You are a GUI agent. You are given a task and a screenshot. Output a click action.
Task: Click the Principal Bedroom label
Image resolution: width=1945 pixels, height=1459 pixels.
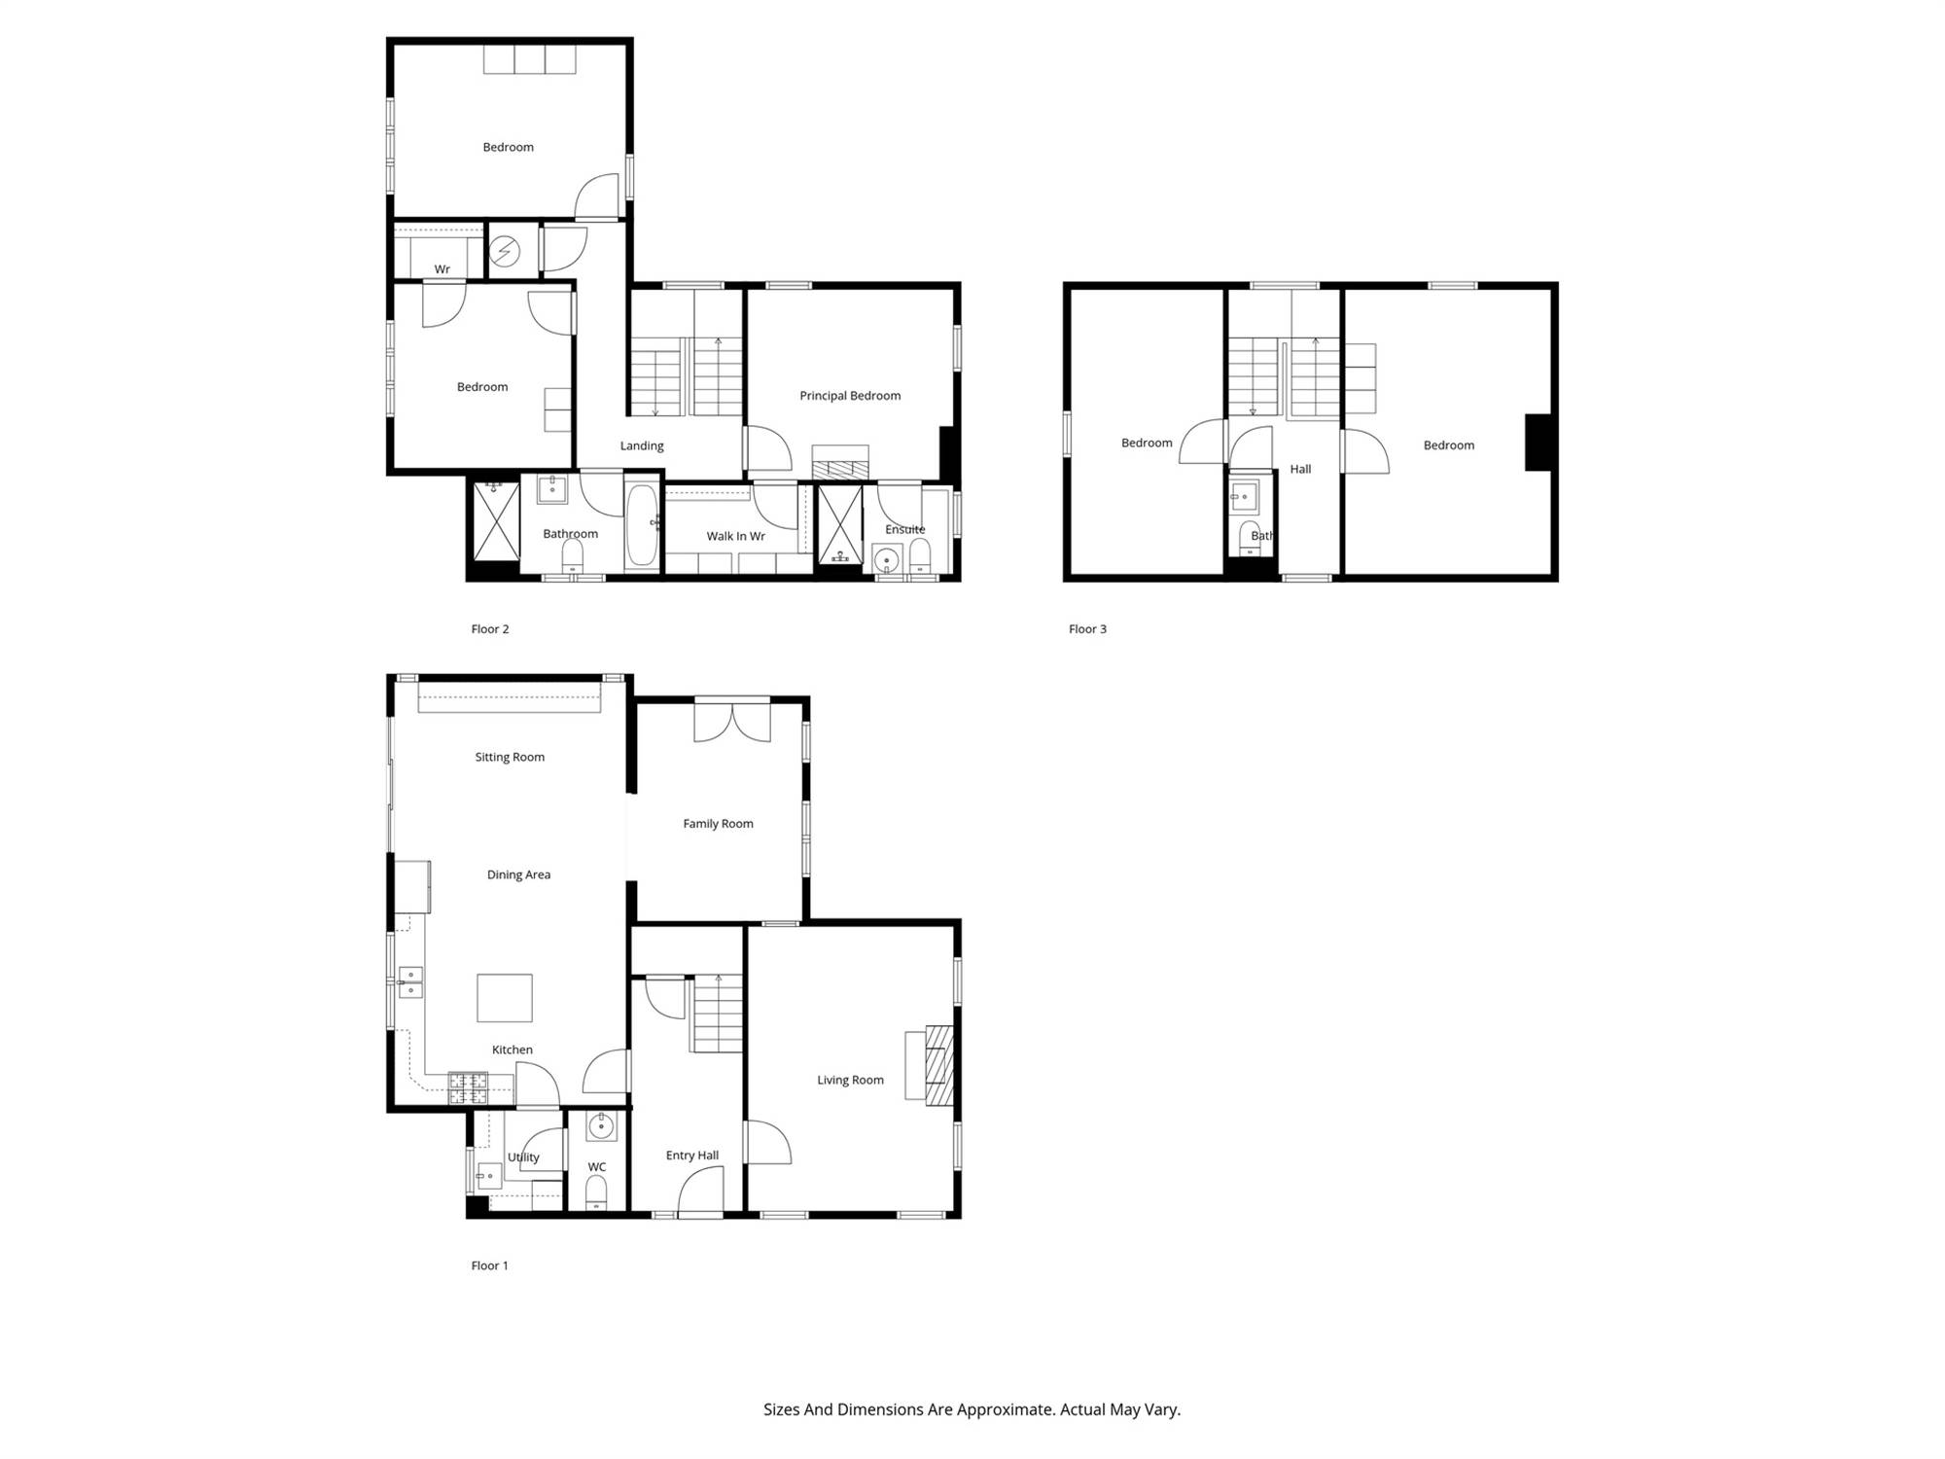pos(850,396)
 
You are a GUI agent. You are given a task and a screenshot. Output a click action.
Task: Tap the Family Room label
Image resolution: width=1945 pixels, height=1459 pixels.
pos(718,824)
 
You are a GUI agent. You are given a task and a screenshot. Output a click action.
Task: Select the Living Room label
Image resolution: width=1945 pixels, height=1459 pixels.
pos(850,1080)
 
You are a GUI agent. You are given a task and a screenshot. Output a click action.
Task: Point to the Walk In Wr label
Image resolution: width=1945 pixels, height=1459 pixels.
pos(735,536)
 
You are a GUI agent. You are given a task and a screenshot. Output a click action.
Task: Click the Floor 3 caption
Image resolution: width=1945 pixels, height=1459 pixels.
pos(1087,629)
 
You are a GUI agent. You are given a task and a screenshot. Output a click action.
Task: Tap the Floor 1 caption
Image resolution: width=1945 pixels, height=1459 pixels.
pos(489,1265)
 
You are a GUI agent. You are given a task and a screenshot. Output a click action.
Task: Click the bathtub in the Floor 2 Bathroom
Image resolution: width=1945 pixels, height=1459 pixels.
pos(642,525)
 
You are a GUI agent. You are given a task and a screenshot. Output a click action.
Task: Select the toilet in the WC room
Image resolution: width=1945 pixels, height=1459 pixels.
pos(596,1192)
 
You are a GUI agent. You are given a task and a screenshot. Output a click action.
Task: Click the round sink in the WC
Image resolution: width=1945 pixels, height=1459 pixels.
pos(601,1127)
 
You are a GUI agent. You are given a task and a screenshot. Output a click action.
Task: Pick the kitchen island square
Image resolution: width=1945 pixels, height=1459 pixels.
pos(504,998)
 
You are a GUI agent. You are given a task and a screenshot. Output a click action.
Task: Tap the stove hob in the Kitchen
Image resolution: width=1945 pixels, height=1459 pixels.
pos(468,1088)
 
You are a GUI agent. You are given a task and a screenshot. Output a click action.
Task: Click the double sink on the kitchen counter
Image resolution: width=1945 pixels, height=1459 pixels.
pos(410,982)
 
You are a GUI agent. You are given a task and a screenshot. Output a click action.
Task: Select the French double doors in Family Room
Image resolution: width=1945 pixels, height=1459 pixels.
pos(732,721)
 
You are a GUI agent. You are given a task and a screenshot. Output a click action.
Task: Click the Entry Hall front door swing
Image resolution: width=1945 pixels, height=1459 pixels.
pos(700,1192)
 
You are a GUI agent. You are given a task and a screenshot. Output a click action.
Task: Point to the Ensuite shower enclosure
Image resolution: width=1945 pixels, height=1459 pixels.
pos(840,525)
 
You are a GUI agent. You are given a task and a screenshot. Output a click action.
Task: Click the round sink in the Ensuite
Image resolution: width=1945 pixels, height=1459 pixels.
pos(887,560)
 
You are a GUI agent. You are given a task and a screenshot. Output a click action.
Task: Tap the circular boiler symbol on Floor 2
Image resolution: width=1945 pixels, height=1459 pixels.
pos(504,252)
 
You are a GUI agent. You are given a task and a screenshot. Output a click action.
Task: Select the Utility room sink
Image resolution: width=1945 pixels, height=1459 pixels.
pos(488,1177)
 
